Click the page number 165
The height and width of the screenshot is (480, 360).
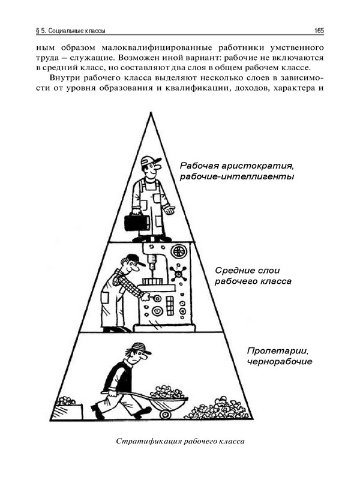click(319, 31)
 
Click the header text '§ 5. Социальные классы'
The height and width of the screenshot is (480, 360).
click(71, 31)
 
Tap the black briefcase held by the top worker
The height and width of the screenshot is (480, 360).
click(137, 223)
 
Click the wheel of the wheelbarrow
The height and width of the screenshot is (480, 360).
click(166, 414)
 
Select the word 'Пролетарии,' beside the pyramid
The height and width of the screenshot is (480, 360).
click(277, 350)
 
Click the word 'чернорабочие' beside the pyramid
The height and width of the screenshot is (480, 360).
click(280, 362)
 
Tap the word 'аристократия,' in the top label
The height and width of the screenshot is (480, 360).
click(258, 166)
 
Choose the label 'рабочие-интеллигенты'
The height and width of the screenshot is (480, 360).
click(236, 176)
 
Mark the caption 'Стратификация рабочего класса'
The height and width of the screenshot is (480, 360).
click(181, 441)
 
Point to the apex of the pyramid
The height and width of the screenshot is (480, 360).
click(151, 113)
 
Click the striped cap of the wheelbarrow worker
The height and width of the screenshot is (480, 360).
click(140, 348)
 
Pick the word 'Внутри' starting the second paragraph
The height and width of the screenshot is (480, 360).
click(64, 78)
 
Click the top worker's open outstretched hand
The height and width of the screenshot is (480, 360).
click(169, 210)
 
